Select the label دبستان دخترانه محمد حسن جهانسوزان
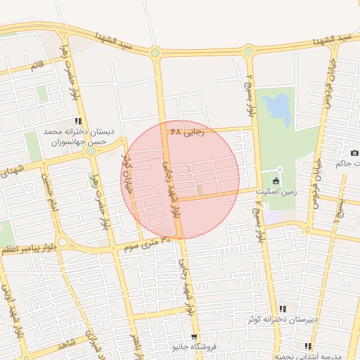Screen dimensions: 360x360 tap(74, 136)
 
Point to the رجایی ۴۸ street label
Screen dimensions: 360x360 tap(187, 130)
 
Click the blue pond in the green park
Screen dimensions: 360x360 tap(278, 106)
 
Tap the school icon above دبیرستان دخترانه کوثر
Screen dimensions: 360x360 tap(282, 308)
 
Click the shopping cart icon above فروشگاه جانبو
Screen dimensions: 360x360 tap(195, 337)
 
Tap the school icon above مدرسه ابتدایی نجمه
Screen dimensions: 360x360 tap(308, 346)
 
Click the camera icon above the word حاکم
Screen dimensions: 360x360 tap(354, 153)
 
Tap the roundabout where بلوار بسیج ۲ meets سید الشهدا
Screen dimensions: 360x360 tap(247, 51)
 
